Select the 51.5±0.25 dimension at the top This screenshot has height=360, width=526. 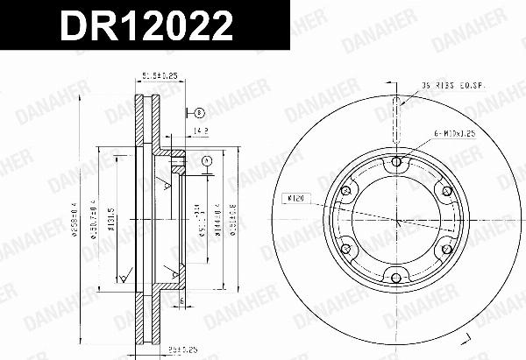[x=158, y=78]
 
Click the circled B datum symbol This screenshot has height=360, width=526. [x=200, y=113]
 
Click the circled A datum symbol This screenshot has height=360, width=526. [x=206, y=161]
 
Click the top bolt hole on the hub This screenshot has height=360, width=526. [x=396, y=161]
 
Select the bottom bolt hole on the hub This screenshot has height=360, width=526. [x=396, y=279]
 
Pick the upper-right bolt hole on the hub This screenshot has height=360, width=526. [x=446, y=190]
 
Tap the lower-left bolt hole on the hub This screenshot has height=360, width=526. [x=345, y=249]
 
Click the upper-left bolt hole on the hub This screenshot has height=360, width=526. [x=345, y=190]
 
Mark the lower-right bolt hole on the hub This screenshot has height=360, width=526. [x=446, y=249]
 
